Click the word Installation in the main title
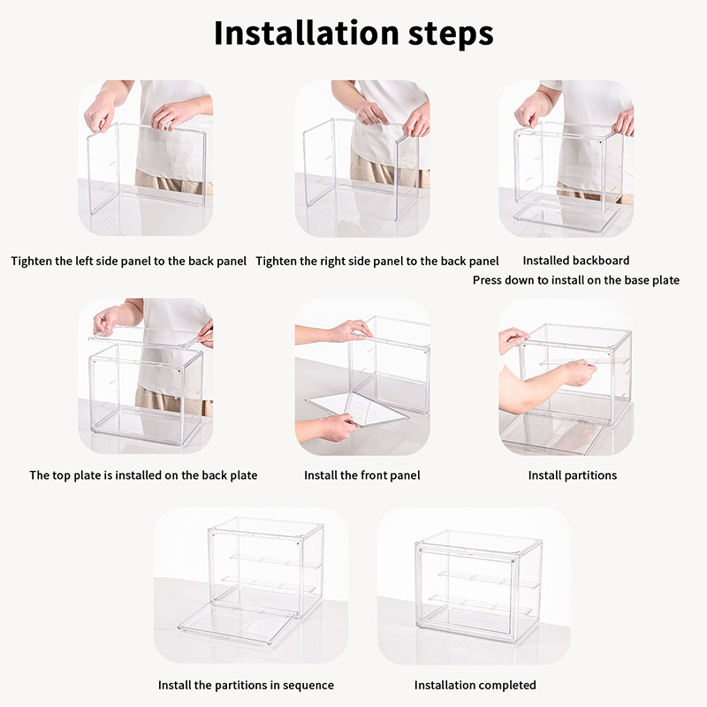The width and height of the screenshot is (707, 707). click(307, 33)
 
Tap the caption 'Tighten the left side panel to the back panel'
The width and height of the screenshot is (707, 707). click(129, 262)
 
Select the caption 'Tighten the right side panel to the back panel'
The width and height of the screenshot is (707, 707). click(377, 262)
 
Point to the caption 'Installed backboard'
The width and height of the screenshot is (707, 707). click(576, 261)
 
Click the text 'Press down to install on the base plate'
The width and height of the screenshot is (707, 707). click(576, 280)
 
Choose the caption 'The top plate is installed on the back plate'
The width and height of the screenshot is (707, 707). click(143, 475)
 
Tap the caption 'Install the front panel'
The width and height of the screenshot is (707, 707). click(362, 475)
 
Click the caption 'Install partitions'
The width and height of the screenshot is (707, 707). click(573, 475)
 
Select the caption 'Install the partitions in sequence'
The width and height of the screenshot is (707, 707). click(247, 686)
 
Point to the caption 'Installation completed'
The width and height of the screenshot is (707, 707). click(475, 686)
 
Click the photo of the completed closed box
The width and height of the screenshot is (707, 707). click(474, 586)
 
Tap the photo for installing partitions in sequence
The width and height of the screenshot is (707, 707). click(251, 585)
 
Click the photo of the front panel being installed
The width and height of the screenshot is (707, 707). click(362, 376)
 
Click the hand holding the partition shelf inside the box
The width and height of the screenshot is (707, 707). click(579, 372)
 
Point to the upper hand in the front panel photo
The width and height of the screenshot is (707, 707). click(352, 331)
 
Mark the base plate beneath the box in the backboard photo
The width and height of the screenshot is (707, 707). click(566, 218)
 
